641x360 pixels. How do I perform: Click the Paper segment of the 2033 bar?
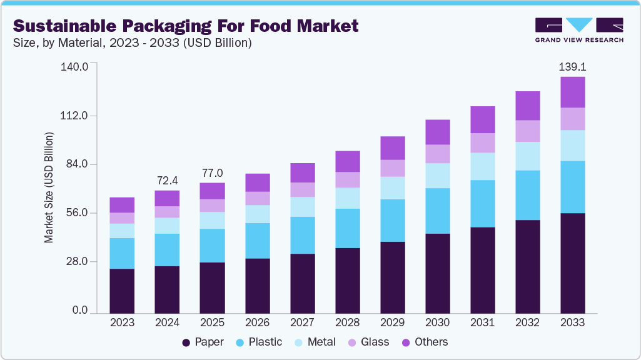coord(572,262)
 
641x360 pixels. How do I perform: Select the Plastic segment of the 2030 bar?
coord(437,211)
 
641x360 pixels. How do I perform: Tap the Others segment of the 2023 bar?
coord(122,205)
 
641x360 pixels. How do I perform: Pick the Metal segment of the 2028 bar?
coord(347,198)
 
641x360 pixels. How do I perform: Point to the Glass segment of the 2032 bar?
coord(527,131)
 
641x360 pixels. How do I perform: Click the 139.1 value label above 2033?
coord(572,66)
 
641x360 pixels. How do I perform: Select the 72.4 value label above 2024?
coord(167,180)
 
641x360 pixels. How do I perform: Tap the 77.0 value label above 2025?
coord(212,172)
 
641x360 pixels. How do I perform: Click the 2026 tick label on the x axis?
coord(257,323)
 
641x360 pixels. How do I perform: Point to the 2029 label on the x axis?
coord(392,323)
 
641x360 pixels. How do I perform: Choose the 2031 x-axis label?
coord(482,323)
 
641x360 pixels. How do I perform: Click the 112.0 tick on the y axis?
coord(74,116)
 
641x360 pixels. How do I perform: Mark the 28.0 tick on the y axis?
coord(77,262)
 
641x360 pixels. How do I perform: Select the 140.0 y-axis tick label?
coord(74,66)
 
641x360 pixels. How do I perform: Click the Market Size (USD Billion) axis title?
coord(49,187)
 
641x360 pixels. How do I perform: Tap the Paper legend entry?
coord(203,342)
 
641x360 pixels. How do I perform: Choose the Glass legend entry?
coord(368,342)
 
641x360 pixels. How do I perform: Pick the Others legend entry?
coord(424,342)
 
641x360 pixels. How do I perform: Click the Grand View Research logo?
coord(579,30)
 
